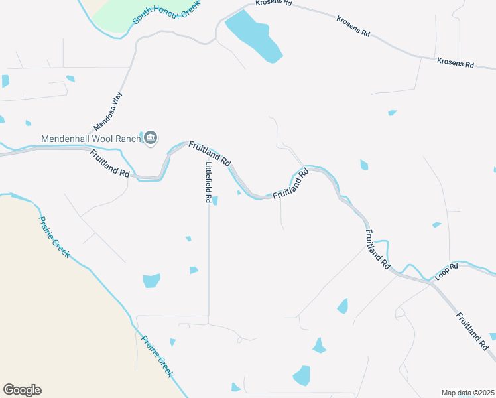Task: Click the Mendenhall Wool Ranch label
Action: (x=91, y=139)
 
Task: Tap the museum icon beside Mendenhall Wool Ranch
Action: (x=151, y=138)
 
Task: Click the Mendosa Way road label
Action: (x=109, y=111)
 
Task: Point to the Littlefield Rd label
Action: (x=208, y=182)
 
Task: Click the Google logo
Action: (x=22, y=390)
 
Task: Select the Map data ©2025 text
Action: (x=467, y=393)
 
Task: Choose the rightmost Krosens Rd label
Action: (x=456, y=64)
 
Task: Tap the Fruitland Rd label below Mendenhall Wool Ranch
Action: (x=110, y=163)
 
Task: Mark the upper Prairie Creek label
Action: (x=54, y=239)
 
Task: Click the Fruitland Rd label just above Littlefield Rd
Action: (x=210, y=153)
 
